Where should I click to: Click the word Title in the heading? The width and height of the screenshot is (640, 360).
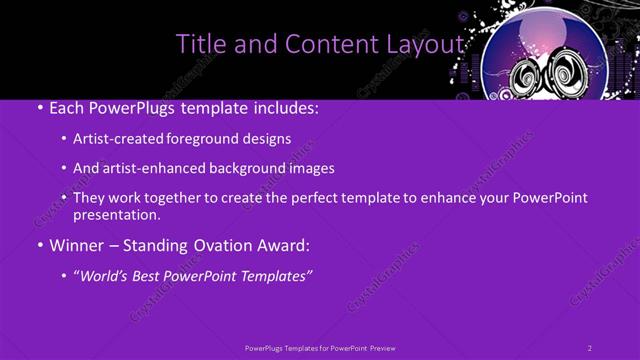click(x=200, y=44)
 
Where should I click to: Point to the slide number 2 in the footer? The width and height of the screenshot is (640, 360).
click(x=590, y=348)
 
